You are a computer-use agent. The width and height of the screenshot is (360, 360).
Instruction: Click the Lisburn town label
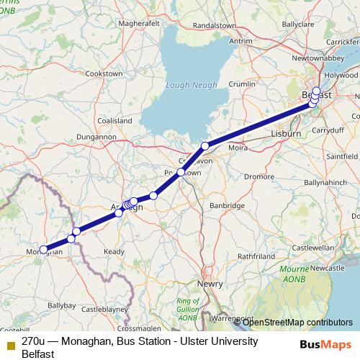point(285,133)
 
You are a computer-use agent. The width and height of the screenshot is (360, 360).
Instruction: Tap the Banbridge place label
point(227,205)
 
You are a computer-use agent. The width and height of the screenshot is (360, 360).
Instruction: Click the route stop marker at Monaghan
point(45,250)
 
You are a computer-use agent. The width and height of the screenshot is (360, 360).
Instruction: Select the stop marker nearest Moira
point(205,146)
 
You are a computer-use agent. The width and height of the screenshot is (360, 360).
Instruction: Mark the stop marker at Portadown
point(181,173)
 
